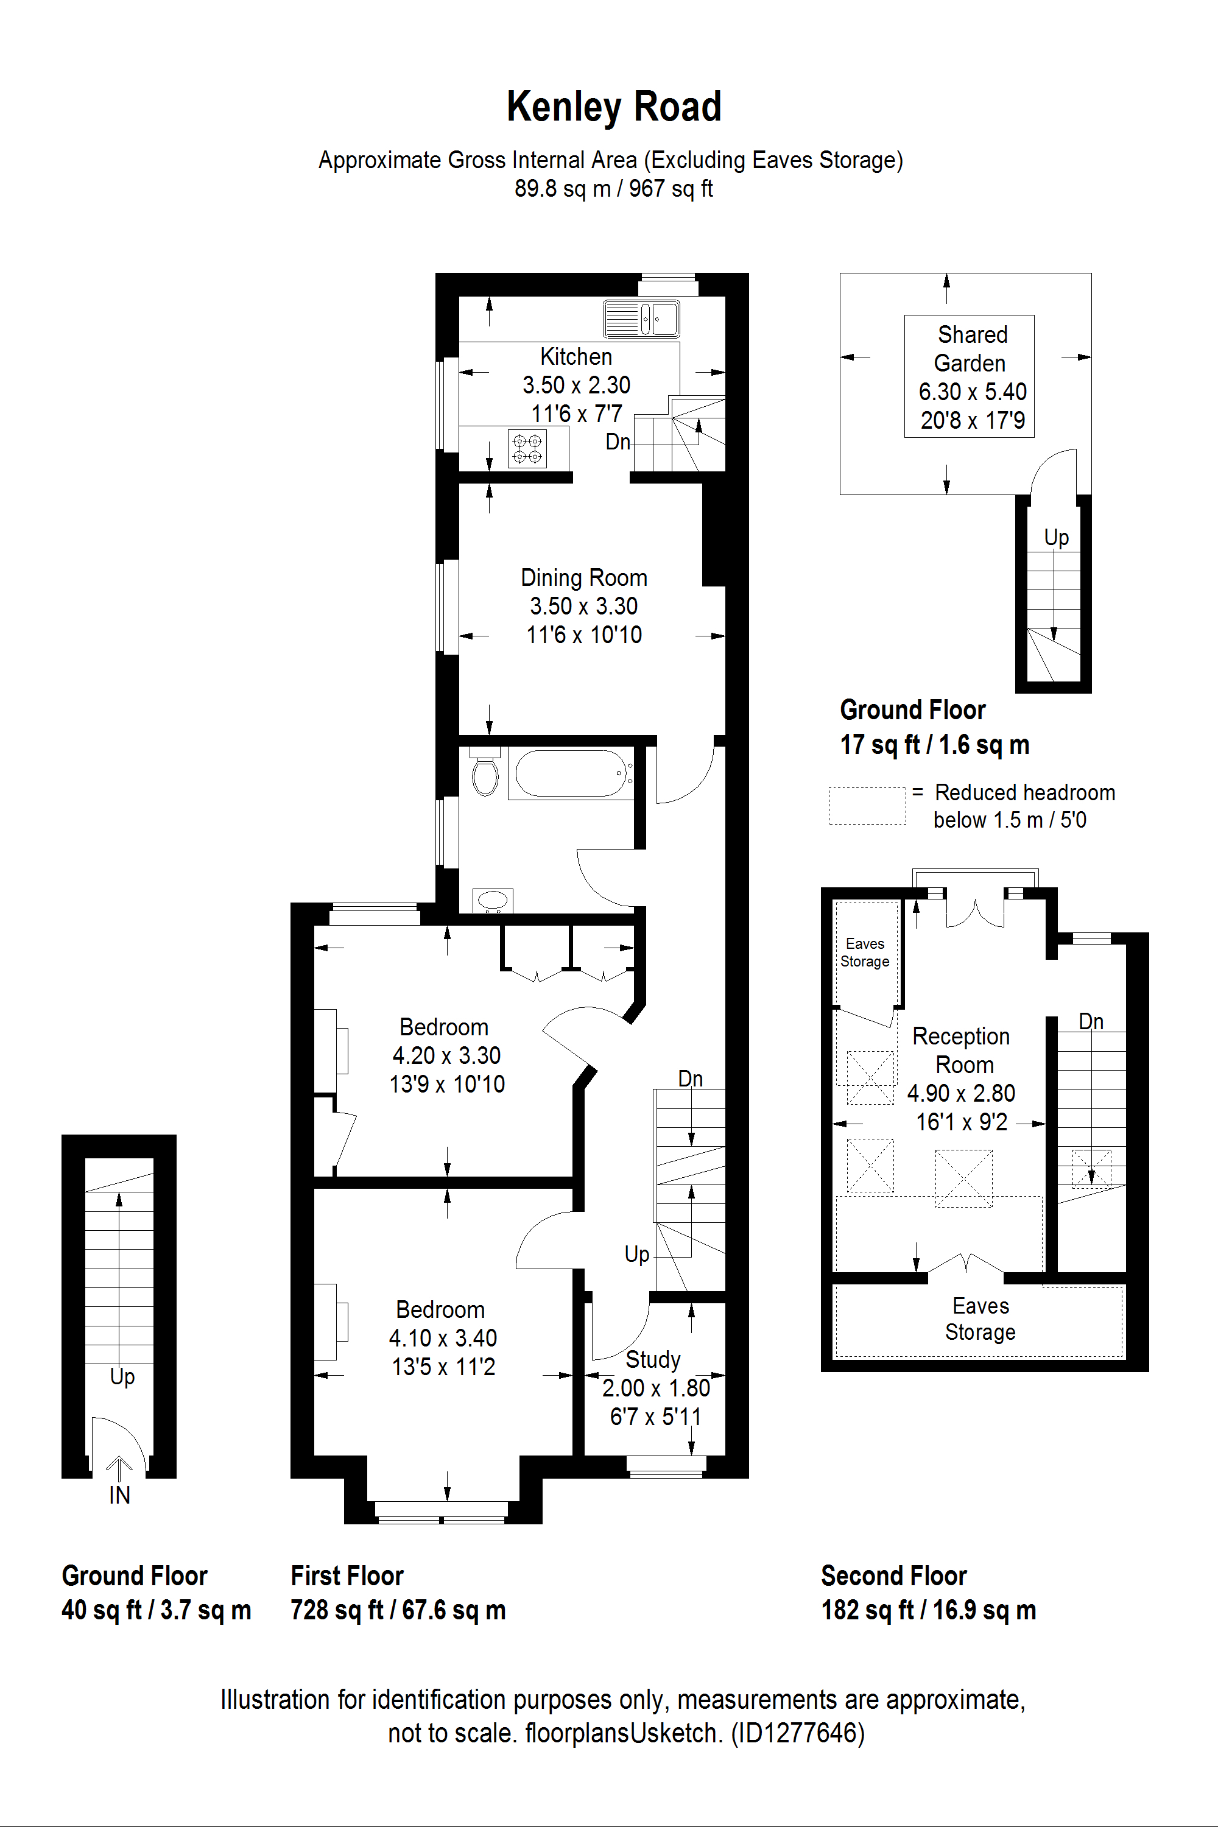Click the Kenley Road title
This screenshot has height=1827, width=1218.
(x=614, y=107)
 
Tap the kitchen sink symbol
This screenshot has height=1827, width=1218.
(x=642, y=318)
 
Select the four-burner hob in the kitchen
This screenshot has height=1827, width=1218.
(x=527, y=449)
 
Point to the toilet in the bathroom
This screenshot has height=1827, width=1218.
(x=485, y=772)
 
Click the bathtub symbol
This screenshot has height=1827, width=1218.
(x=571, y=773)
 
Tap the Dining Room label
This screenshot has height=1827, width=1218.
(x=584, y=577)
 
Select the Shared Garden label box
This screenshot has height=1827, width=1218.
(x=969, y=376)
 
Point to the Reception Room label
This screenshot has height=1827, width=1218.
(x=962, y=1050)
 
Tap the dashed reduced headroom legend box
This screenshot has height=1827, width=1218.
(x=867, y=806)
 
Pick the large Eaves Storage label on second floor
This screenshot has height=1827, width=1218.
(x=980, y=1319)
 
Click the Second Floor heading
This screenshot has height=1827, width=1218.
(x=894, y=1575)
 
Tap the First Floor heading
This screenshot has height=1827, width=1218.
(x=347, y=1575)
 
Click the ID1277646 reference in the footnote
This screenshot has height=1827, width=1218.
(x=798, y=1733)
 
